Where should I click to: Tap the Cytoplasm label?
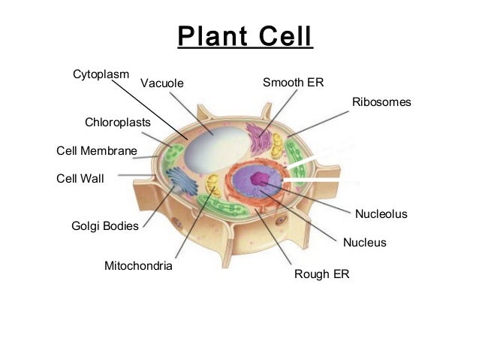click(101, 74)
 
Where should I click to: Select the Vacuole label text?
click(161, 83)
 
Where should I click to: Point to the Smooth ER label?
click(293, 81)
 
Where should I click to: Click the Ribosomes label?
click(381, 101)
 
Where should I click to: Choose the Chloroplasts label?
click(118, 121)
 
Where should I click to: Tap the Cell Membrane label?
click(97, 151)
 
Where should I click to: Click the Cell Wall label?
click(80, 179)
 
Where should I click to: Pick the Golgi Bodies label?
click(104, 225)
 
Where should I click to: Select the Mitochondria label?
click(138, 266)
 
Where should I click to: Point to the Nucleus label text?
click(364, 243)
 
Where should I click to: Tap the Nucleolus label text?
click(381, 214)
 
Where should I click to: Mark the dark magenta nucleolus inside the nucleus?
click(259, 179)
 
